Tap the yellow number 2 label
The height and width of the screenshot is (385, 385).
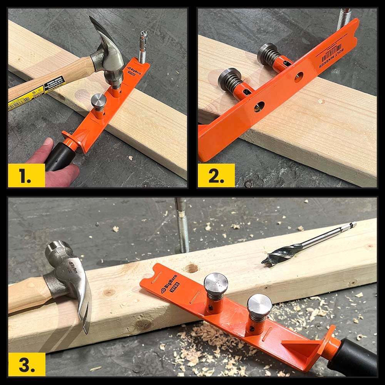[216, 176]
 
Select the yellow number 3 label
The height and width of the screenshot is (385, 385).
[26, 364]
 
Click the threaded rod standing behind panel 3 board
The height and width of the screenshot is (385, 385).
[182, 227]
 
